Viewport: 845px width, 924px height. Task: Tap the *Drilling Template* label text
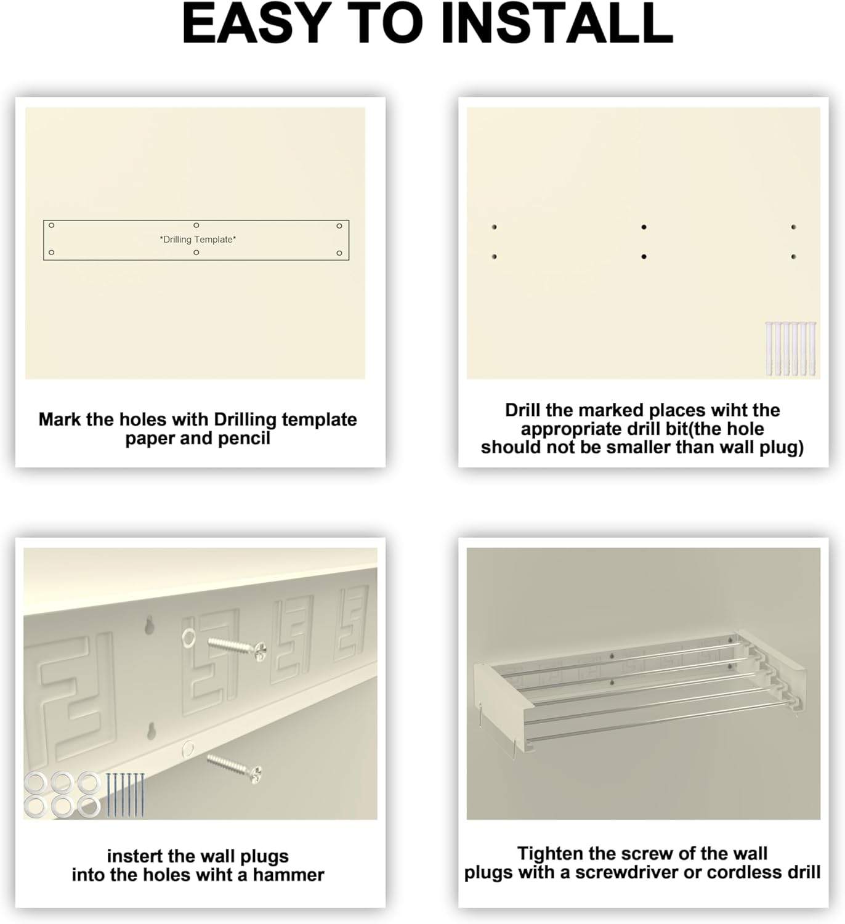pos(198,240)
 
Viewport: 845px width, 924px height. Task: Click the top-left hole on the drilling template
pos(52,225)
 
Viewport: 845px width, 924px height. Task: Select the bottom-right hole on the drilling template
pos(339,253)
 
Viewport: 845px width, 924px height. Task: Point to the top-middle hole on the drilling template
pos(196,225)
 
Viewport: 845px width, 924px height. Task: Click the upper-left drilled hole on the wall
pos(494,227)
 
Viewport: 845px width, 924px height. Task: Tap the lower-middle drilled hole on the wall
pos(644,257)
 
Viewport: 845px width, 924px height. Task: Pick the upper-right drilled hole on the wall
pos(793,227)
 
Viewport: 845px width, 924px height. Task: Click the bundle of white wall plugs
pos(791,349)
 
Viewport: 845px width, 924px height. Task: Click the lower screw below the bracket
pos(235,766)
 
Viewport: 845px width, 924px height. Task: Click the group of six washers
pos(62,795)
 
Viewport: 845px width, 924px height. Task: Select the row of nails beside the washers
pos(125,795)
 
